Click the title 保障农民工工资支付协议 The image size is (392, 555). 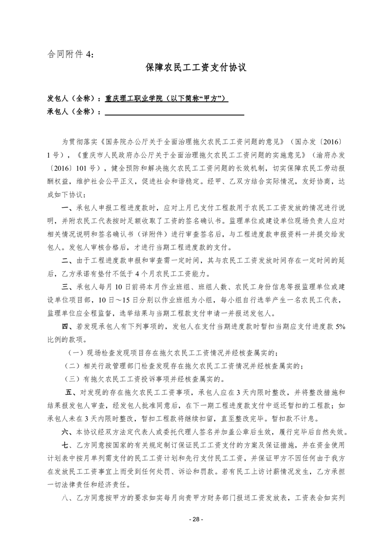[x=196, y=68]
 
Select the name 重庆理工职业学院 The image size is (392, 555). [x=135, y=98]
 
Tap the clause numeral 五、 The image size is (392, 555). [x=72, y=392]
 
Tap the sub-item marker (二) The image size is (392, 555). [x=73, y=366]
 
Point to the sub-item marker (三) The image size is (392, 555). [x=73, y=379]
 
